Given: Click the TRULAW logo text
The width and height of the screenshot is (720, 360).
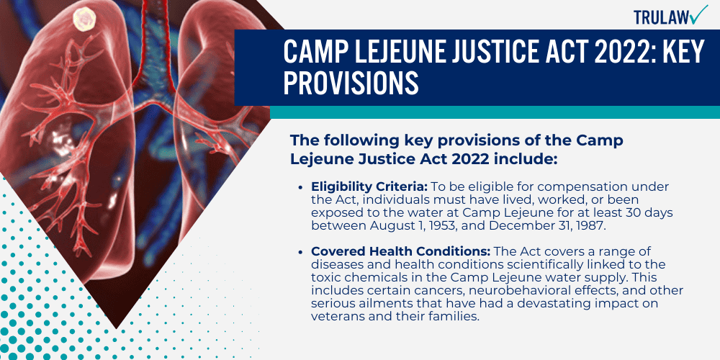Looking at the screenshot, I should click(x=657, y=17).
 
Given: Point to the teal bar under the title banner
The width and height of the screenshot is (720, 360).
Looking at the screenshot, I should click(x=494, y=112).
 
